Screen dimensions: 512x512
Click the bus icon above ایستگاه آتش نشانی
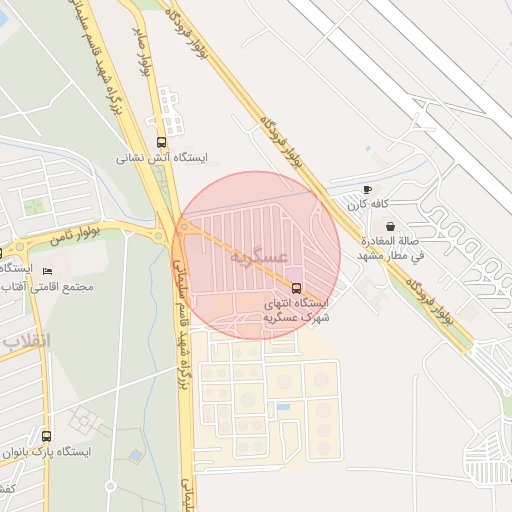click(163, 142)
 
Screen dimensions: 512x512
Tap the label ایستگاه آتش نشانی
click(162, 157)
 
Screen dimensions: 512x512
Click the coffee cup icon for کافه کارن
click(367, 189)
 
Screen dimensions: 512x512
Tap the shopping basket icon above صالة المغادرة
click(389, 226)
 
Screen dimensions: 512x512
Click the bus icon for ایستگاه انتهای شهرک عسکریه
click(295, 287)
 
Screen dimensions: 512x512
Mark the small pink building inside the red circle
click(293, 273)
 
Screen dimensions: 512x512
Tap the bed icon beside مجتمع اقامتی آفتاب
click(47, 271)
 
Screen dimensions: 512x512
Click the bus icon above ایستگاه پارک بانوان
click(47, 436)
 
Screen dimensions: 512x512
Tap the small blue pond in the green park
click(135, 455)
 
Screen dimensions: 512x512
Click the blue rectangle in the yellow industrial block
click(283, 407)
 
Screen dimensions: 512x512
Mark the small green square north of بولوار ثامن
click(34, 207)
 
